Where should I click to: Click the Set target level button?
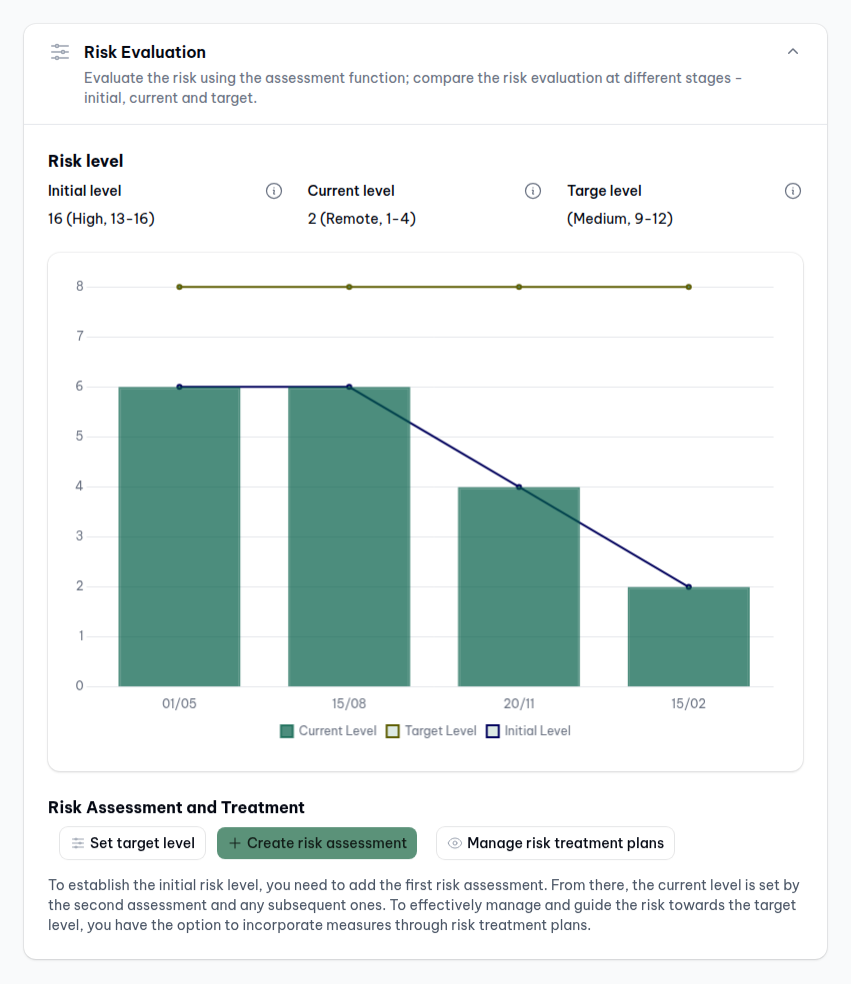(133, 843)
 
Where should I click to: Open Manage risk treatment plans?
(555, 843)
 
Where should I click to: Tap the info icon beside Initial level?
(274, 191)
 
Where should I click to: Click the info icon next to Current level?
(533, 191)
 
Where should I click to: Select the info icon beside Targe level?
(793, 191)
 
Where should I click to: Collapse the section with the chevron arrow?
(793, 52)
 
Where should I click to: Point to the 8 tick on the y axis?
(79, 287)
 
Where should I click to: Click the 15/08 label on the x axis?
(349, 703)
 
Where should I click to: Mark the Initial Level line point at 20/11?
(519, 487)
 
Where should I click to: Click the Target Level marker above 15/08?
(349, 287)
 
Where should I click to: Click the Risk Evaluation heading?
(145, 52)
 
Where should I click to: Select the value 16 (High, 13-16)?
(101, 218)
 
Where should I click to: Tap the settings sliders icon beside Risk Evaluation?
(60, 52)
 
